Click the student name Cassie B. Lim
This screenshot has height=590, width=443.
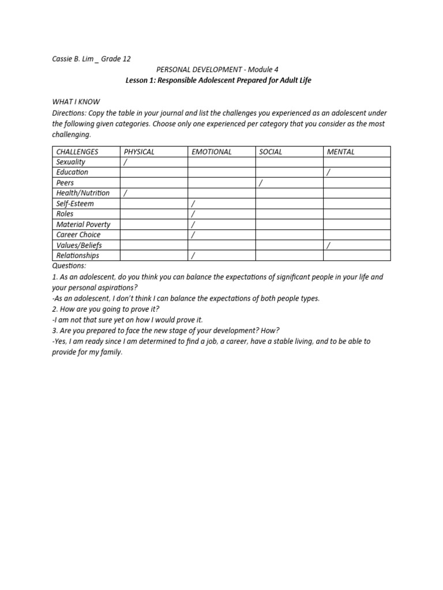pos(72,58)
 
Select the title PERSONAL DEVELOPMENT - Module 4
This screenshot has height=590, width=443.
pos(218,69)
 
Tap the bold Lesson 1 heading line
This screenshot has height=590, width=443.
pos(218,80)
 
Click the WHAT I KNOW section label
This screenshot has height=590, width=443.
pos(76,102)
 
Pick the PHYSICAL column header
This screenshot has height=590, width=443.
pos(139,152)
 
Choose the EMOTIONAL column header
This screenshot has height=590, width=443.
pos(211,152)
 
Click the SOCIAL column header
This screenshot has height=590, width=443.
pos(271,152)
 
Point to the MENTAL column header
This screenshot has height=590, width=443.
pos(340,152)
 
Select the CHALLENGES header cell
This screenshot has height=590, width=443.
pos(77,152)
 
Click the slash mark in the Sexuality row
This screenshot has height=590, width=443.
pos(125,162)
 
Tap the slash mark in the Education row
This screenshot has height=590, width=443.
pos(328,172)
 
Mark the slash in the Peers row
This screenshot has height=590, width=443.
pos(261,183)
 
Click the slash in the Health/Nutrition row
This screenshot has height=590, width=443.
pos(125,193)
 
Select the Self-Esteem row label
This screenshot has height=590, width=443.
pos(75,203)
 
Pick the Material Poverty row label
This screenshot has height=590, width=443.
pos(83,224)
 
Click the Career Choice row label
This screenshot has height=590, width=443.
pos(78,235)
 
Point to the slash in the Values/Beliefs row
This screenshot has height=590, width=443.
pos(328,245)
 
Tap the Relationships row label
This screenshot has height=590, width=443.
pos(77,255)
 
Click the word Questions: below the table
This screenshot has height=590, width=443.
pos(69,266)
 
